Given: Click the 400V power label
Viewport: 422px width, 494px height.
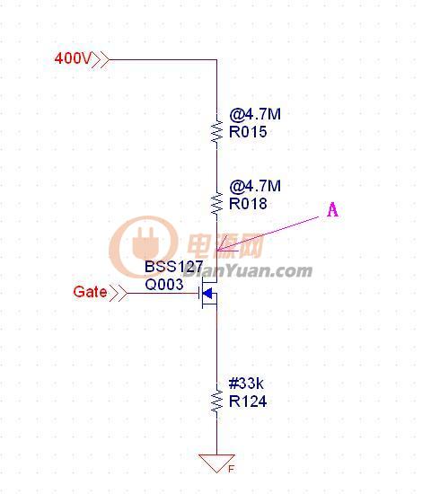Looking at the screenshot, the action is coord(73,58).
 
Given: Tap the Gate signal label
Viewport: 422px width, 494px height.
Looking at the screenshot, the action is coord(90,292).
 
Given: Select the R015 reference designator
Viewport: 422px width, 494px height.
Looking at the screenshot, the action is coord(248,132).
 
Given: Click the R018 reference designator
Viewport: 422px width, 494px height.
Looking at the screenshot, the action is coord(248,204).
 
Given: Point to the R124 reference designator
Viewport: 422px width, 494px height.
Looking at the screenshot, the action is coord(248,401).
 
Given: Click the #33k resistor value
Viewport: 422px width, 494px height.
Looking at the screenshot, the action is coord(246,384).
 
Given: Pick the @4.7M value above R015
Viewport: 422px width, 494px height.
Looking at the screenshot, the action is coord(255,114).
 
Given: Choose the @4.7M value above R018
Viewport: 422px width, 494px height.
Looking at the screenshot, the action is coord(255,186).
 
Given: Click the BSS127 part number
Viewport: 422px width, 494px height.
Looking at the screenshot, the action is coord(174,267).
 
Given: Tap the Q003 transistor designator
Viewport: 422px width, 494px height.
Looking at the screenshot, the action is coord(164,285).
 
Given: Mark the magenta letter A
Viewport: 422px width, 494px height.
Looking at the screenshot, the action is coord(332,210).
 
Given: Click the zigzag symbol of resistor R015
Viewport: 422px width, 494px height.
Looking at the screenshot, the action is coord(216,130).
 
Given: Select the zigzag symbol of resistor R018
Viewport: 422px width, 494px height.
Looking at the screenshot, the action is coord(216,203).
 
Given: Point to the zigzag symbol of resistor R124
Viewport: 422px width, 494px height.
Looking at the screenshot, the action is coord(216,400).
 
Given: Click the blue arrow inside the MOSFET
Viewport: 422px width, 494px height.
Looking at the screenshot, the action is coord(207,294).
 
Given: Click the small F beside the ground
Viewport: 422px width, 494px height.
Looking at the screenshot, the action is coord(231,469).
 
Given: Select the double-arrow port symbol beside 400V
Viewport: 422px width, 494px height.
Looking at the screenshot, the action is coord(101,59).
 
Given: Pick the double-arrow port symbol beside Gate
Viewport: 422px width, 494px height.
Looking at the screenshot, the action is coord(119,294).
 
